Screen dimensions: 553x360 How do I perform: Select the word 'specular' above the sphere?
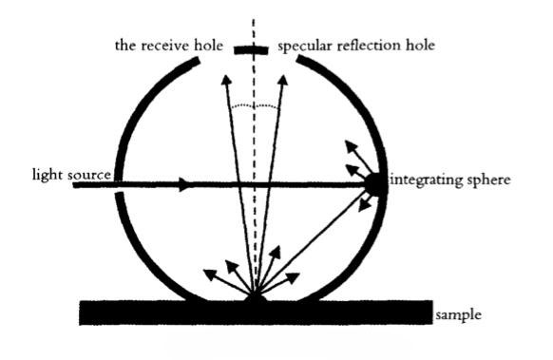(x=305, y=47)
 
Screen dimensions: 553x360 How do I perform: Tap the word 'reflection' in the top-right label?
(x=370, y=46)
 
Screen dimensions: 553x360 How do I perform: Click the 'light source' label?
(x=71, y=175)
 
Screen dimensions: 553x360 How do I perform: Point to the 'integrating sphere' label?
(x=451, y=180)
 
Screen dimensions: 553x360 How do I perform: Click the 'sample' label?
(x=458, y=314)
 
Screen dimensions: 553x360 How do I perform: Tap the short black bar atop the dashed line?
(x=251, y=50)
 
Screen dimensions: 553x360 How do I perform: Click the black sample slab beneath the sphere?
(x=256, y=313)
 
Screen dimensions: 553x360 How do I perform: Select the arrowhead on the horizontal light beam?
(x=184, y=184)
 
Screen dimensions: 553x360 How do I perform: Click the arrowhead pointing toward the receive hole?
(x=226, y=80)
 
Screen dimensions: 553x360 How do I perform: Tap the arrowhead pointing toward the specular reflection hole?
(x=283, y=81)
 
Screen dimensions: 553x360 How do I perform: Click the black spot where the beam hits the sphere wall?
(x=375, y=184)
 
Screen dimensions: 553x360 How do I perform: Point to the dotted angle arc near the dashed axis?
(x=254, y=105)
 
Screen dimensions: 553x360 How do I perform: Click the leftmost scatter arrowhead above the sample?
(x=210, y=274)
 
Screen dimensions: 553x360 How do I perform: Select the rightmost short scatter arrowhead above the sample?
(x=293, y=277)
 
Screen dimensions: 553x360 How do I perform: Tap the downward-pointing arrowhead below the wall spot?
(x=364, y=205)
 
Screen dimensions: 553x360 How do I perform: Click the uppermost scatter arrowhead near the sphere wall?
(x=351, y=146)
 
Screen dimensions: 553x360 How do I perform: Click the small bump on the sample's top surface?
(x=256, y=298)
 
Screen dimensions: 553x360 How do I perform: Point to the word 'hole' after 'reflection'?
(x=420, y=46)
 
